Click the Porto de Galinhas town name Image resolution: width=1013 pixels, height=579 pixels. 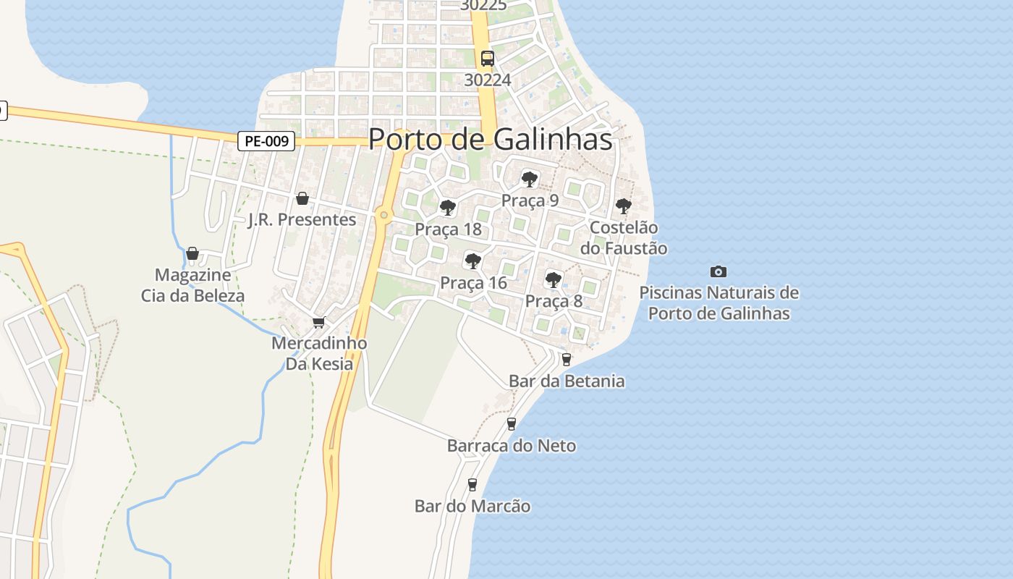(490, 139)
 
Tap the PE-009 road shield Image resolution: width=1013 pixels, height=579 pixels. (266, 141)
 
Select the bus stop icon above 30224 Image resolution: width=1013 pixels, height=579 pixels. (488, 59)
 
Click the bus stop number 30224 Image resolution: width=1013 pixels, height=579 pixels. (488, 80)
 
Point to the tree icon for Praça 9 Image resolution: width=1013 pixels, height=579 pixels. (530, 179)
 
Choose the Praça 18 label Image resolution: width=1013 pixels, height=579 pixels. (448, 229)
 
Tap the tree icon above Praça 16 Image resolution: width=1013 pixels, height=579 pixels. (473, 261)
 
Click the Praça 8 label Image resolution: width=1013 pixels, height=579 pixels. (554, 301)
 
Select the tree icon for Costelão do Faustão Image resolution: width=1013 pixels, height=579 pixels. (623, 206)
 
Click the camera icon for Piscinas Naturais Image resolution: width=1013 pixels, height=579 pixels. (718, 271)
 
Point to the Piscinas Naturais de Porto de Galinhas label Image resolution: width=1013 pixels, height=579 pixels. (719, 303)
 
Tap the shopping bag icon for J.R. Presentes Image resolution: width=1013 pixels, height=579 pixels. (302, 198)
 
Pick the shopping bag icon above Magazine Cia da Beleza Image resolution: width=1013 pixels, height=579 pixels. (192, 253)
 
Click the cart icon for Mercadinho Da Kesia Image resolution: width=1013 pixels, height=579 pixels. (318, 322)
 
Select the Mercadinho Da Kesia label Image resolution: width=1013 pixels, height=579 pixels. (319, 353)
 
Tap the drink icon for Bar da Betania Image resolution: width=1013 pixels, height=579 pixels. (566, 359)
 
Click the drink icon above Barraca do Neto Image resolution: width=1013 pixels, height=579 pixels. (512, 423)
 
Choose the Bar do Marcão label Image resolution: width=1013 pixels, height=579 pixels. (472, 506)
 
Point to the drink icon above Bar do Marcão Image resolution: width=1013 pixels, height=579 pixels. (472, 484)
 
